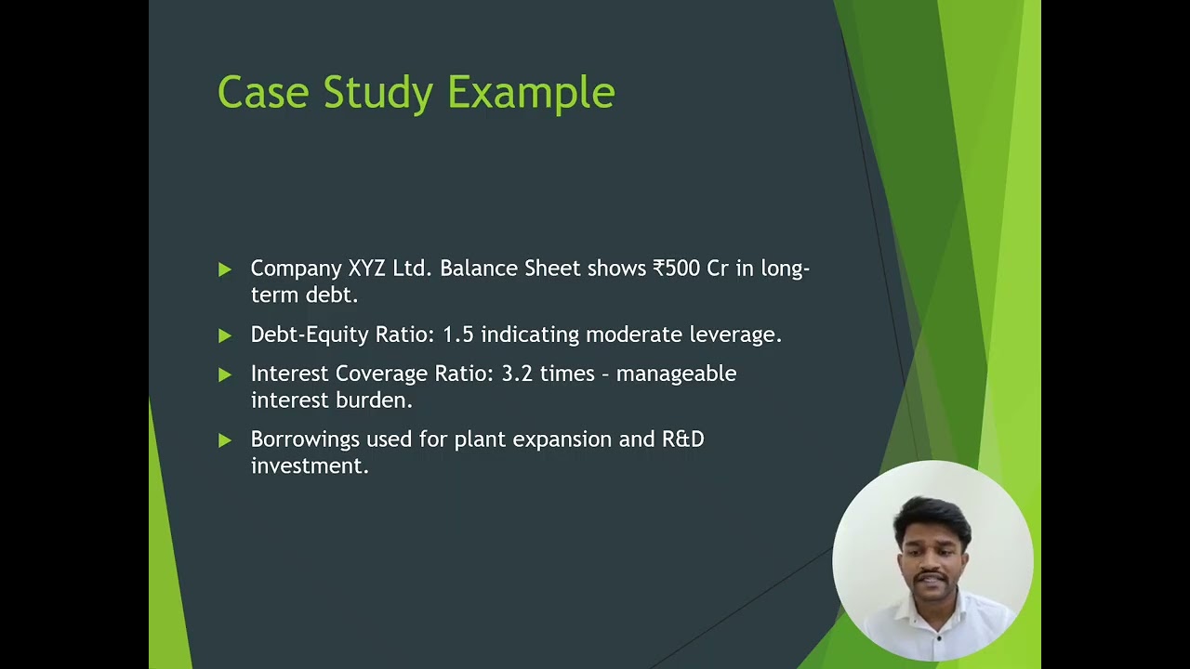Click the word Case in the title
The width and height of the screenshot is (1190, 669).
[262, 93]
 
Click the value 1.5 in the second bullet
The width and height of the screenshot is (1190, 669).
[457, 334]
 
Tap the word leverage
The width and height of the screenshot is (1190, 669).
[734, 335]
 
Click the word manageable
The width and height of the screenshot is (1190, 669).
[676, 374]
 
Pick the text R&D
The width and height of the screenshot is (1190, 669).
[682, 439]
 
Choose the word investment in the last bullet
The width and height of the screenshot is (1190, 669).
[310, 466]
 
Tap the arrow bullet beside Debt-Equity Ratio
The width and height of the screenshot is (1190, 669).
[225, 335]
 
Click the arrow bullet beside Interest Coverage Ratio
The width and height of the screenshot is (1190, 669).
[225, 374]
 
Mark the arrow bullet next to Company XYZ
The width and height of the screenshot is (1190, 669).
[225, 269]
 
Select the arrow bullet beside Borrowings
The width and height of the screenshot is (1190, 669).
[225, 440]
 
